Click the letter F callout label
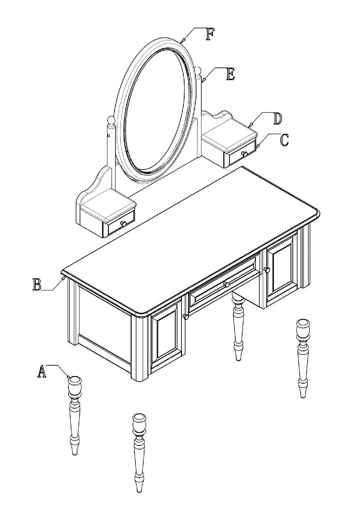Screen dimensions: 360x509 (x=210, y=34)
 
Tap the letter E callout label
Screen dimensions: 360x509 (x=230, y=74)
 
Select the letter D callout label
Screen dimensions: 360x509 (x=277, y=119)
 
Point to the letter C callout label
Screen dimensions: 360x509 (x=284, y=140)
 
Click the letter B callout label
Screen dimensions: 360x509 (x=37, y=284)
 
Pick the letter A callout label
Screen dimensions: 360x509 (x=41, y=371)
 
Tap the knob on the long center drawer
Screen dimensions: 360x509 (x=226, y=285)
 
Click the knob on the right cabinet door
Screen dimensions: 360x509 (x=267, y=270)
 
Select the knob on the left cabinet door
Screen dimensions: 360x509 (x=186, y=317)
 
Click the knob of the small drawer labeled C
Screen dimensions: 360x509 (x=244, y=154)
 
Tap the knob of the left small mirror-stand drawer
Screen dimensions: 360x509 (x=123, y=223)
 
